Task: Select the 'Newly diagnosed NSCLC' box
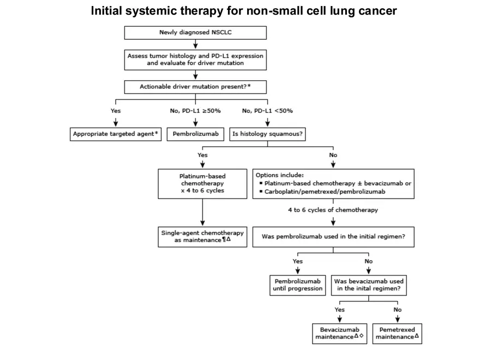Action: pyautogui.click(x=195, y=33)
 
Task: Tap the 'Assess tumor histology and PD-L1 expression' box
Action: pyautogui.click(x=195, y=59)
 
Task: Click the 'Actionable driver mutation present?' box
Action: pyautogui.click(x=195, y=87)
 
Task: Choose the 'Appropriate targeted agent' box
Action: pyautogui.click(x=117, y=134)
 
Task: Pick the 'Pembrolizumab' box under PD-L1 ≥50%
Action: pyautogui.click(x=195, y=134)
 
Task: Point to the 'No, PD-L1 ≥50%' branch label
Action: pyautogui.click(x=195, y=111)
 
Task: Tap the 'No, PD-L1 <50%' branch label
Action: pyautogui.click(x=267, y=111)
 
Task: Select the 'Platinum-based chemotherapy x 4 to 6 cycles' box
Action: pyautogui.click(x=202, y=184)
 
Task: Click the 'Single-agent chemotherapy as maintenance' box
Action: pyautogui.click(x=202, y=236)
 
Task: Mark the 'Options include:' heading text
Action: pyautogui.click(x=280, y=176)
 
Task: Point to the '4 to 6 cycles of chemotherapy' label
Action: pyautogui.click(x=333, y=209)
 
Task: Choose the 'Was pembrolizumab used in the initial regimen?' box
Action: pyautogui.click(x=333, y=237)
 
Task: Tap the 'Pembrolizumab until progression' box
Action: pyautogui.click(x=298, y=285)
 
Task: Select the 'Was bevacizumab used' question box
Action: pyautogui.click(x=369, y=285)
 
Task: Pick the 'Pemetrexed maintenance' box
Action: pyautogui.click(x=398, y=333)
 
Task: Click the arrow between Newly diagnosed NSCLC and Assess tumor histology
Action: pyautogui.click(x=195, y=44)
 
